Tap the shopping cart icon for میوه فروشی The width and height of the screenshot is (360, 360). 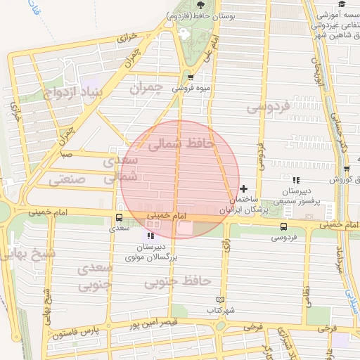click(x=191, y=77)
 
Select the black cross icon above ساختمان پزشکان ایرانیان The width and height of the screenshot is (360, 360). click(x=243, y=188)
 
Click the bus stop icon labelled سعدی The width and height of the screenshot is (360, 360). click(x=118, y=217)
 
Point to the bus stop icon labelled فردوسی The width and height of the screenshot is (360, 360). click(x=283, y=226)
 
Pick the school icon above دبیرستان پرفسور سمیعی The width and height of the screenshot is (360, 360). click(x=296, y=180)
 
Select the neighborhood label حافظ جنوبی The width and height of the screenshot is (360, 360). click(x=177, y=282)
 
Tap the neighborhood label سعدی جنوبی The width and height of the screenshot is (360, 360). click(x=94, y=277)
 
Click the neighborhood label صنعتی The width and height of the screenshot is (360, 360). click(x=67, y=180)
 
